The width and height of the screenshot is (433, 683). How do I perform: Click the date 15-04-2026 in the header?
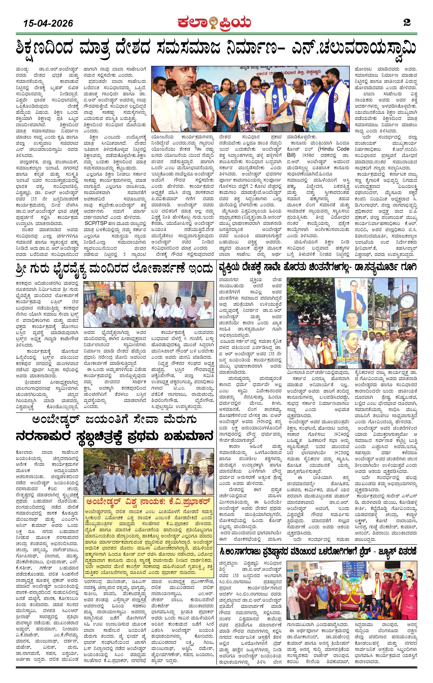48,23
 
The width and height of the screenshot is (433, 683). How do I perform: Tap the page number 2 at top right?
407,22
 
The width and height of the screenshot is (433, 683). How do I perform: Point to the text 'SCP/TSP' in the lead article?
95,223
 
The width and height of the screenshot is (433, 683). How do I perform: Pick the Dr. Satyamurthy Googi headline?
317,268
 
